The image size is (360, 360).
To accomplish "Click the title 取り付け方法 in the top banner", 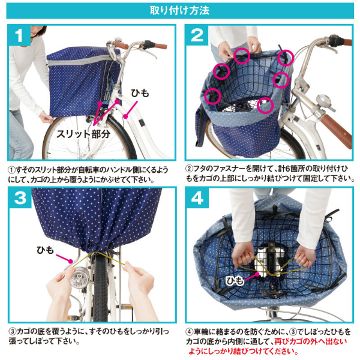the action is tap(179, 10).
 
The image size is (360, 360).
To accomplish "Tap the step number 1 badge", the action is tap(19, 35).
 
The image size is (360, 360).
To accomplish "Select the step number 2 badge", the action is tap(197, 35).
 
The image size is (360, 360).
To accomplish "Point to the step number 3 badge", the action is tap(20, 197).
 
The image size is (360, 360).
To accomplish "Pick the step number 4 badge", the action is tap(197, 197).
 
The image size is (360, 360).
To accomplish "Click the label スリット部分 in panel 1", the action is tap(83, 134).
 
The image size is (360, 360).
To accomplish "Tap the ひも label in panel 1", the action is tap(140, 93).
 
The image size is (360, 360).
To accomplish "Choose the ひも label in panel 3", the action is tap(45, 250).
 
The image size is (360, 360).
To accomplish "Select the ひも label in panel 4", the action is tap(235, 281).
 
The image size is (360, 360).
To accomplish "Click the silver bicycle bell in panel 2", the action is tap(324, 102).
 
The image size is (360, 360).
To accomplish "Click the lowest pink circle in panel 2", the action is tap(265, 106).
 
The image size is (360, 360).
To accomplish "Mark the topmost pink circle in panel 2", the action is tap(242, 56).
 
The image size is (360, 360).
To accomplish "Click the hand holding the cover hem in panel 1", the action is tap(46, 118).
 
